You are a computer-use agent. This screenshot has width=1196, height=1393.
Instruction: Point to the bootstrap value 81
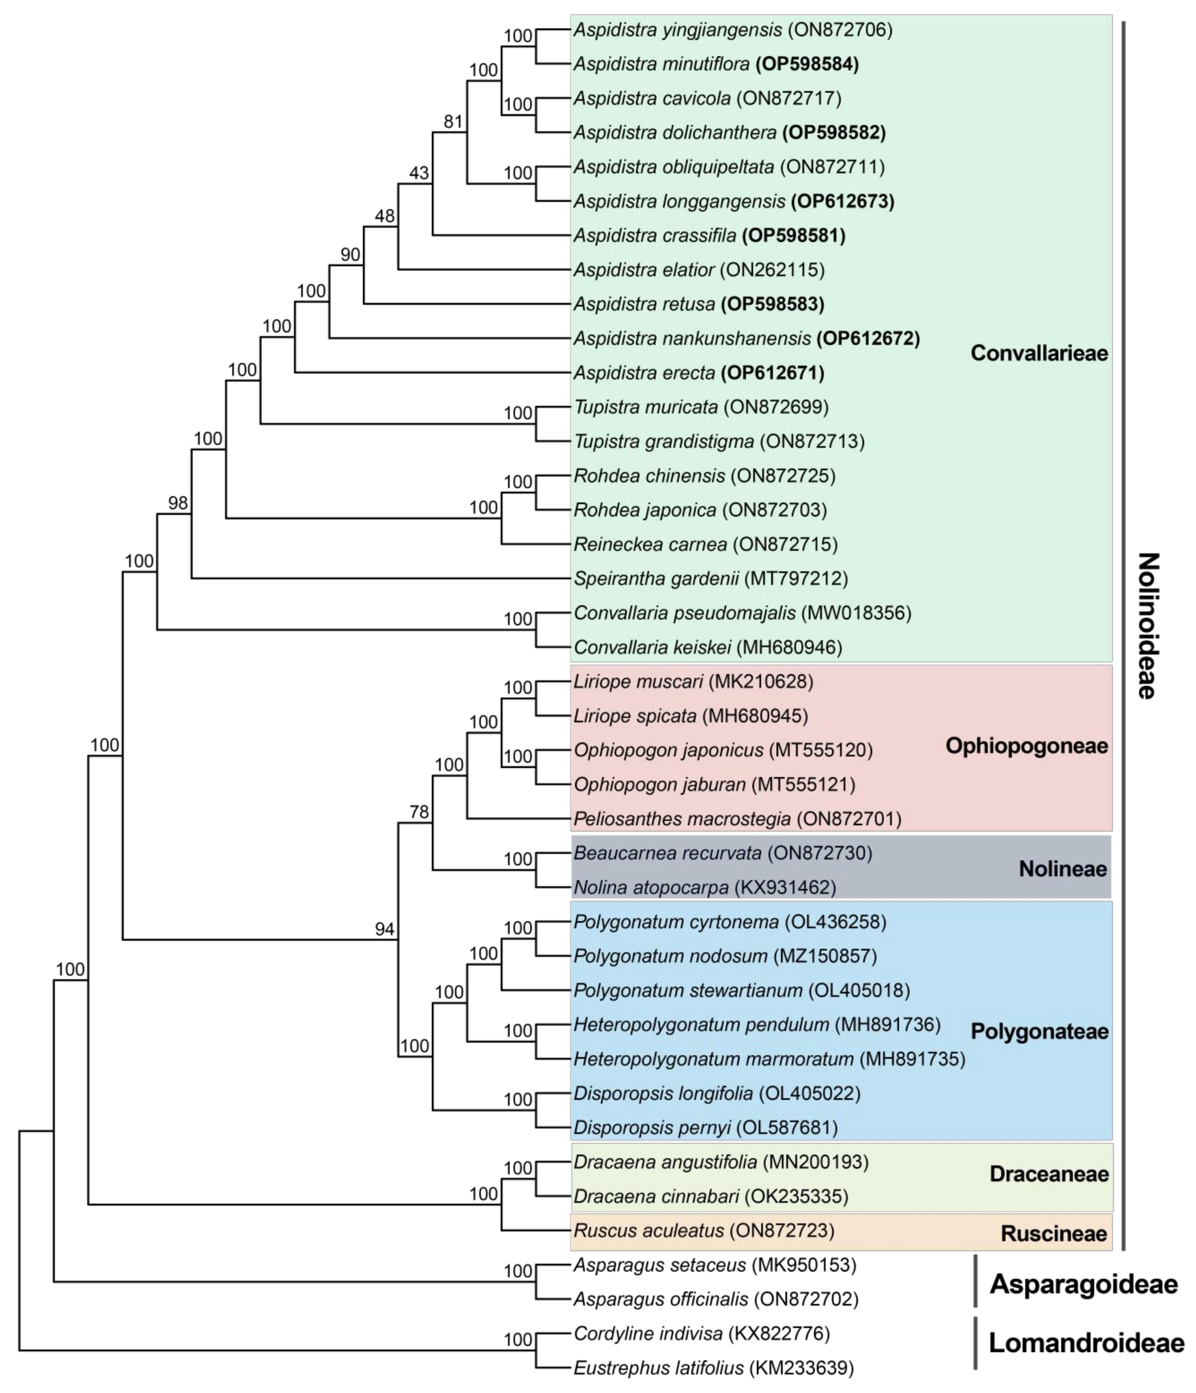[x=453, y=122]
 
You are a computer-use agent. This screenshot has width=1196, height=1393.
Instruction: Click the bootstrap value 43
[x=418, y=174]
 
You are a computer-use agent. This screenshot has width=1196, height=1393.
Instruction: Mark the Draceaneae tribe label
[x=1048, y=1174]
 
